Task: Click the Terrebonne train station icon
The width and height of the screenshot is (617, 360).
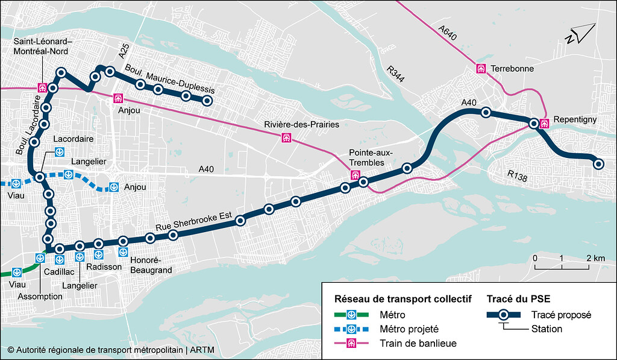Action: [481, 68]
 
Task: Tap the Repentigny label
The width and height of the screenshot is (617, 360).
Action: [574, 119]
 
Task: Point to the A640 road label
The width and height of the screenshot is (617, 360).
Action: [448, 33]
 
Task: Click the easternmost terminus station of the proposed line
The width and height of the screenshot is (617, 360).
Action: [598, 163]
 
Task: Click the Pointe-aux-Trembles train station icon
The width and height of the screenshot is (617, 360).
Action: [355, 175]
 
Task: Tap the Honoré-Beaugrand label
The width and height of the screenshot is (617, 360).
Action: [151, 265]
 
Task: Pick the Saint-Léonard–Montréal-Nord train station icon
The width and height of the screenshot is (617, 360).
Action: [43, 87]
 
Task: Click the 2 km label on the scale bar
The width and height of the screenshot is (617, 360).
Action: [595, 258]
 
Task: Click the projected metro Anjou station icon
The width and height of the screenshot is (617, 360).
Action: [113, 187]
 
